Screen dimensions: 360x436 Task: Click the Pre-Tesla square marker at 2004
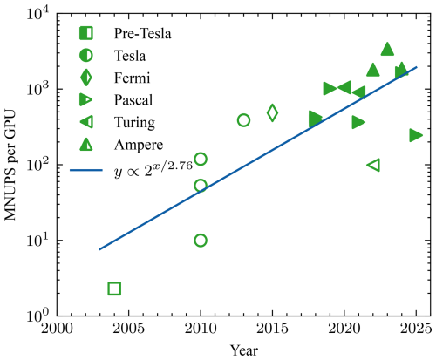pyautogui.click(x=114, y=289)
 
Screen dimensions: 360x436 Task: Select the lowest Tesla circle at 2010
pyautogui.click(x=201, y=240)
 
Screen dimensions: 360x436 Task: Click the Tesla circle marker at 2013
pyautogui.click(x=243, y=120)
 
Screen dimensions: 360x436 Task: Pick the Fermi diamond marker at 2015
pyautogui.click(x=272, y=112)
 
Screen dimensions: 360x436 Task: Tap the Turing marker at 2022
pyautogui.click(x=373, y=165)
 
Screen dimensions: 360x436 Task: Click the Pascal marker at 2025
pyautogui.click(x=416, y=135)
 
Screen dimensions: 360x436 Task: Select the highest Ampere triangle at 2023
pyautogui.click(x=387, y=50)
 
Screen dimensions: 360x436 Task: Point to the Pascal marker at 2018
pyautogui.click(x=315, y=118)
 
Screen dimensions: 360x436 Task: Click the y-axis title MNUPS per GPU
pyautogui.click(x=11, y=165)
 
